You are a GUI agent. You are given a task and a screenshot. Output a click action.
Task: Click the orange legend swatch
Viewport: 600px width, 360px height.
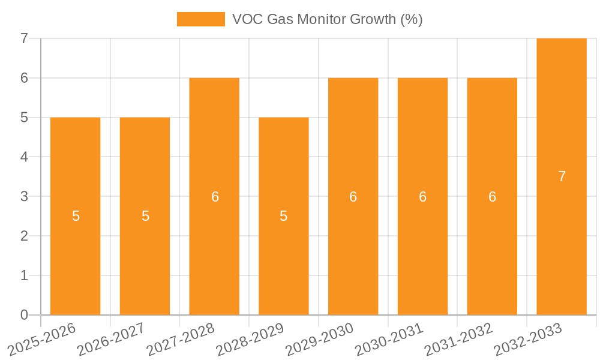pyautogui.click(x=200, y=19)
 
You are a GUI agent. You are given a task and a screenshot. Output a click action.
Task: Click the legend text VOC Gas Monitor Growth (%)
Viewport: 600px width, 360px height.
pyautogui.click(x=328, y=19)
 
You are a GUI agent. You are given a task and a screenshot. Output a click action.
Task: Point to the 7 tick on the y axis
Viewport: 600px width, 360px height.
pyautogui.click(x=24, y=38)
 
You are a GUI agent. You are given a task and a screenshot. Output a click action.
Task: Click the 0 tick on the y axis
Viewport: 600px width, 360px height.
pyautogui.click(x=24, y=315)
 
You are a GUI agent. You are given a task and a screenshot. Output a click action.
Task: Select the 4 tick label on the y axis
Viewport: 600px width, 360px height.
pyautogui.click(x=24, y=157)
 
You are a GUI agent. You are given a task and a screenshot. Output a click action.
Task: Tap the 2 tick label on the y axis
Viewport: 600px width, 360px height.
pyautogui.click(x=24, y=236)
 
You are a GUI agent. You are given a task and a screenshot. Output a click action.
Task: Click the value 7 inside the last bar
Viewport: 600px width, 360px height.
pyautogui.click(x=562, y=176)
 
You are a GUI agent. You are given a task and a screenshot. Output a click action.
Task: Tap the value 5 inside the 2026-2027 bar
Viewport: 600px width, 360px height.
pyautogui.click(x=145, y=216)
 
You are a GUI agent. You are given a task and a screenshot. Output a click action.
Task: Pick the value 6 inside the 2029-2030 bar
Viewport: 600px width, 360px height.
pyautogui.click(x=353, y=196)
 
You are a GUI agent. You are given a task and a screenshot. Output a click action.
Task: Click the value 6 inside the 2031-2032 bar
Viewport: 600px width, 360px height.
pyautogui.click(x=492, y=196)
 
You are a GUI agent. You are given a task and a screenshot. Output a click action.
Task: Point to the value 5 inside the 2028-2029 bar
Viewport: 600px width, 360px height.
pyautogui.click(x=284, y=216)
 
